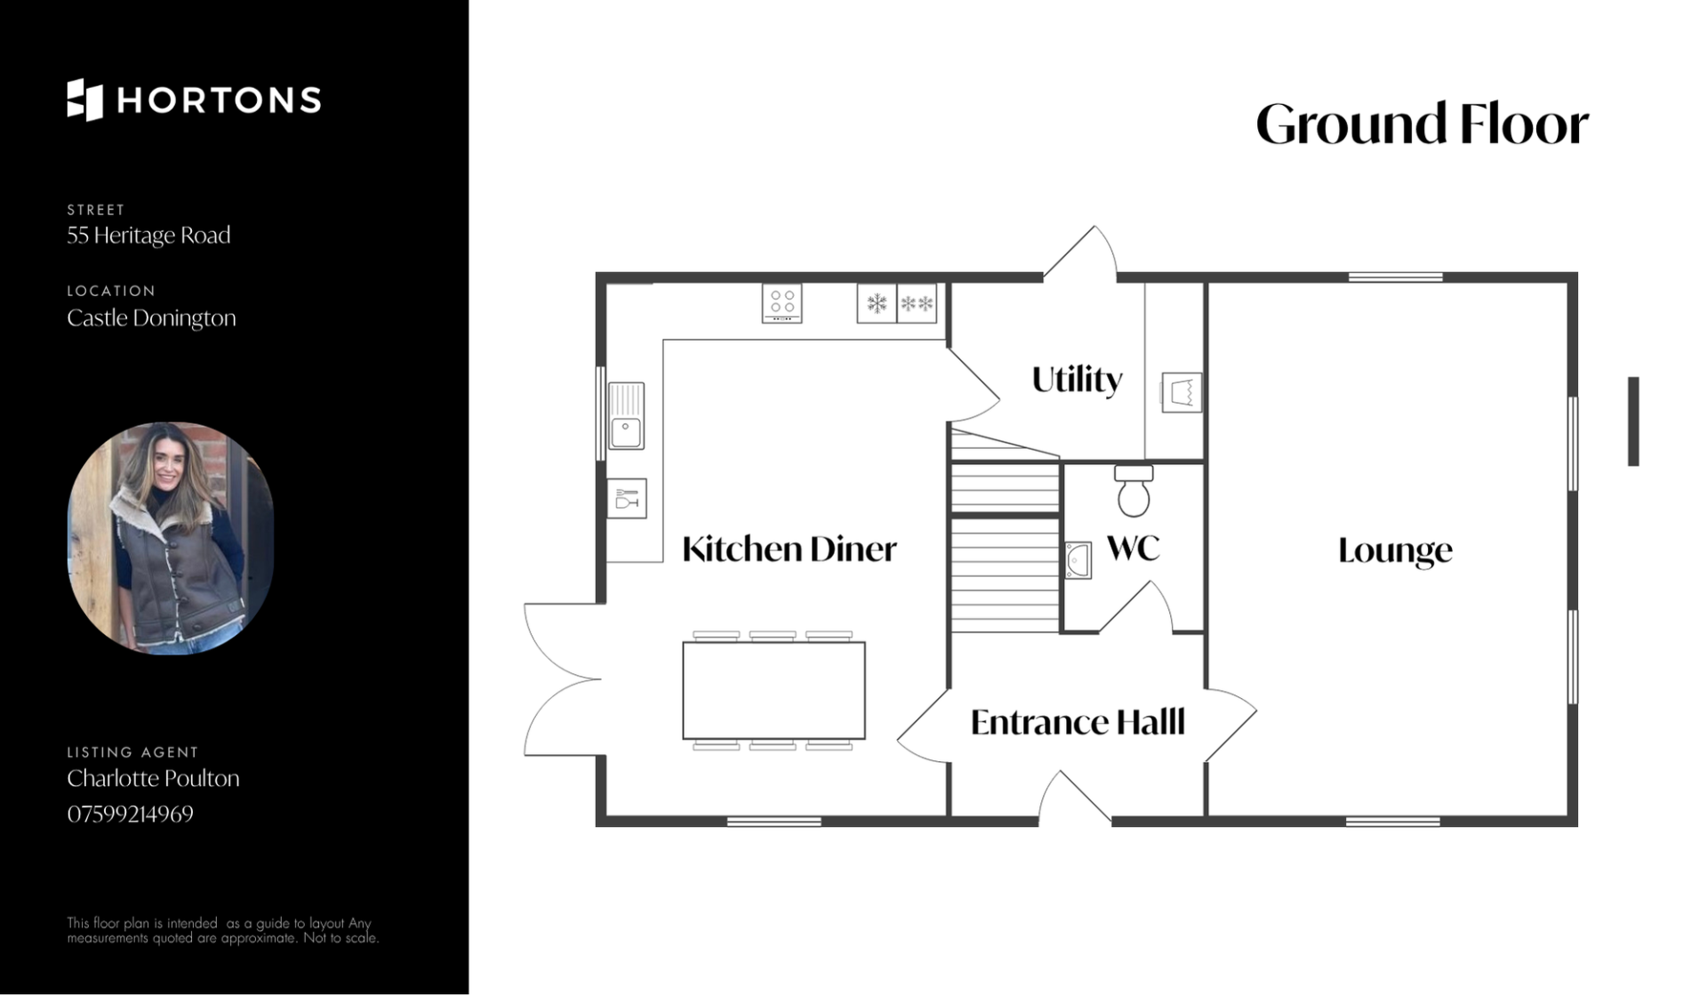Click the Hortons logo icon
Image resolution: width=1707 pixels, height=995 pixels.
[85, 100]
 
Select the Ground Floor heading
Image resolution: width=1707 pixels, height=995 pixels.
[1422, 124]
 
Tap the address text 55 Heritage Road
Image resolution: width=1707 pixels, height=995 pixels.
[148, 236]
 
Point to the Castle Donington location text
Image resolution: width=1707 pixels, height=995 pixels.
[151, 318]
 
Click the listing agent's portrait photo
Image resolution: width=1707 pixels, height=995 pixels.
[171, 539]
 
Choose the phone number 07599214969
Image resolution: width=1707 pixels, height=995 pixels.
[130, 814]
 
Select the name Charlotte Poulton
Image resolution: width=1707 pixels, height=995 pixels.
[153, 779]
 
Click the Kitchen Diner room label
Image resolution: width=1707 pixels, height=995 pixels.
[789, 550]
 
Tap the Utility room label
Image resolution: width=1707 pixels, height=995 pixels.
[1077, 381]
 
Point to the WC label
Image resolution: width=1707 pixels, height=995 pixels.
[1134, 548]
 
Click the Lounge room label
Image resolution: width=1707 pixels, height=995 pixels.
[1395, 551]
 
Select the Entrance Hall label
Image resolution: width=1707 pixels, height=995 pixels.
[1078, 722]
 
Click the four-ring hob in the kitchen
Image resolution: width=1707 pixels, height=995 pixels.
[782, 303]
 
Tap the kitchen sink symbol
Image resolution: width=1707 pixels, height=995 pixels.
[626, 416]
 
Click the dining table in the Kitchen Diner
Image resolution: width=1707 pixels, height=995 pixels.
[773, 691]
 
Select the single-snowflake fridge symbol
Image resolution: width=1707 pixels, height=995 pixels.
[877, 304]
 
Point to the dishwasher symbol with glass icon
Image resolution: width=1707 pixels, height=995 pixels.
[627, 499]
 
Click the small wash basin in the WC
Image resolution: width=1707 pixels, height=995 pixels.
[1078, 561]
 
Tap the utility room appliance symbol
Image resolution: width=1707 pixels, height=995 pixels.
[1182, 392]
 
